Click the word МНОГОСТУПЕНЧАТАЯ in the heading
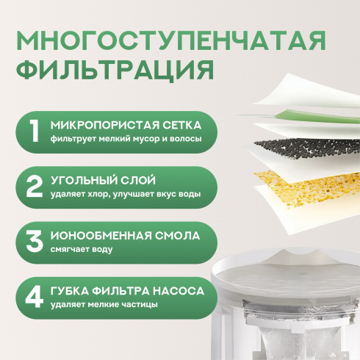(171, 40)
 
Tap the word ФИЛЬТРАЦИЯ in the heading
(115, 69)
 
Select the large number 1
(34, 132)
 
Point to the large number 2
(35, 187)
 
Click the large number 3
(35, 242)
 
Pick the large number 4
(35, 297)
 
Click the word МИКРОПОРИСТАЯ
(103, 126)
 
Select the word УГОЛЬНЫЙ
(80, 181)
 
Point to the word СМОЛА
(177, 236)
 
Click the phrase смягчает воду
(82, 250)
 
